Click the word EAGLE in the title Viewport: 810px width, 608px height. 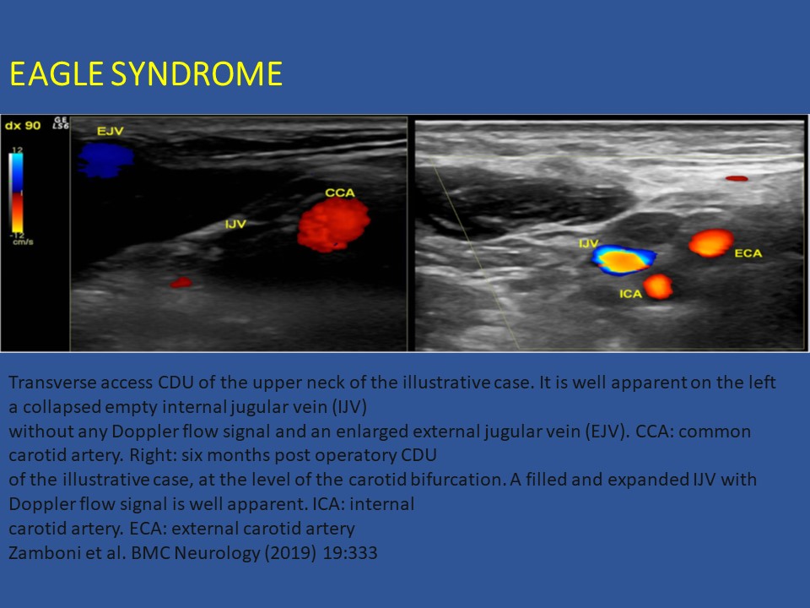pyautogui.click(x=57, y=73)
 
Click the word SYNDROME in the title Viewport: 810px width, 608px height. pyautogui.click(x=197, y=73)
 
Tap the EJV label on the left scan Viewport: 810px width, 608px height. pyautogui.click(x=110, y=132)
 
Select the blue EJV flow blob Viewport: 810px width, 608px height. pyautogui.click(x=105, y=160)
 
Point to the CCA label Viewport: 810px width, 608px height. pyautogui.click(x=340, y=193)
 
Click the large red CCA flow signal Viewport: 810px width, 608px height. pyautogui.click(x=334, y=225)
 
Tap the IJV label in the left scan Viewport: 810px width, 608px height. pyautogui.click(x=235, y=224)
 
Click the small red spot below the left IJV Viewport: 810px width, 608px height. pyautogui.click(x=181, y=282)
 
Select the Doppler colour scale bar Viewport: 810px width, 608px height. pyautogui.click(x=17, y=193)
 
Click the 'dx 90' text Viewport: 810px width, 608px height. pyautogui.click(x=23, y=126)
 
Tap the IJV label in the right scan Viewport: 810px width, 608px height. pyautogui.click(x=588, y=243)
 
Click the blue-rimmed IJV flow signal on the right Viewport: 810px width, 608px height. pyautogui.click(x=624, y=260)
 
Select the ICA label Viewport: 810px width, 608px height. pyautogui.click(x=631, y=294)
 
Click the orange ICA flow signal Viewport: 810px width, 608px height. pyautogui.click(x=658, y=287)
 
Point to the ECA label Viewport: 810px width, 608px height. pyautogui.click(x=748, y=253)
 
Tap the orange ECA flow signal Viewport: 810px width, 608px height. pyautogui.click(x=711, y=243)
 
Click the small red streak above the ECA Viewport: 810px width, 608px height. pyautogui.click(x=737, y=178)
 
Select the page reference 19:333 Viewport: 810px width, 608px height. pyautogui.click(x=350, y=552)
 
